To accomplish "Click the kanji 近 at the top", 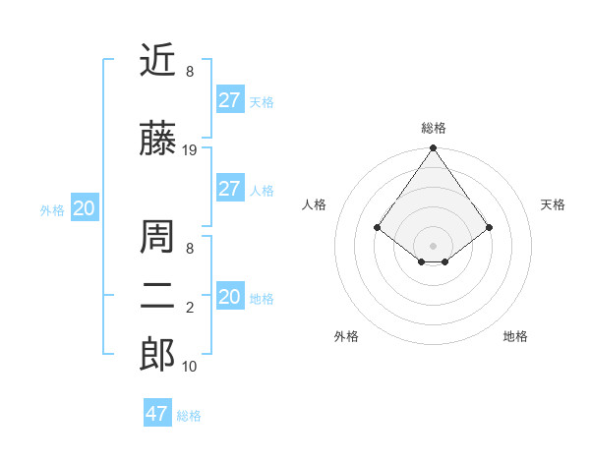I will (x=158, y=61).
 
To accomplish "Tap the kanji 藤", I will (x=158, y=141).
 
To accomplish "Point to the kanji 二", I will (x=158, y=296).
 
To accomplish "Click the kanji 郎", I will (x=158, y=355).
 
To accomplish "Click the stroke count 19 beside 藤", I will (x=190, y=150).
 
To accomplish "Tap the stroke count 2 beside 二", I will (x=190, y=309).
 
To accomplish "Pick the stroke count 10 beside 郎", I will (x=190, y=367).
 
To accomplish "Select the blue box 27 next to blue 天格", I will (x=229, y=100).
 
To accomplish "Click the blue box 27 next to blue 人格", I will (x=229, y=189).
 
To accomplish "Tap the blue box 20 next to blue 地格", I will (x=229, y=297).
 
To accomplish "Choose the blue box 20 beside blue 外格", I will (x=85, y=208).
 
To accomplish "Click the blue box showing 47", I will (x=156, y=414).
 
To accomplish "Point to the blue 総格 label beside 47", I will (x=189, y=416).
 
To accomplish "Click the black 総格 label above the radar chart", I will (x=433, y=128).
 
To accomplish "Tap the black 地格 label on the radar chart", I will (x=515, y=336).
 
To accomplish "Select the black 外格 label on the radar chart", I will (x=346, y=336).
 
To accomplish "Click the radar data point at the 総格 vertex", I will (x=433, y=149).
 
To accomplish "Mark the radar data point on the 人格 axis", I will (x=377, y=227).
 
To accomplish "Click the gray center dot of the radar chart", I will (x=433, y=245).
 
